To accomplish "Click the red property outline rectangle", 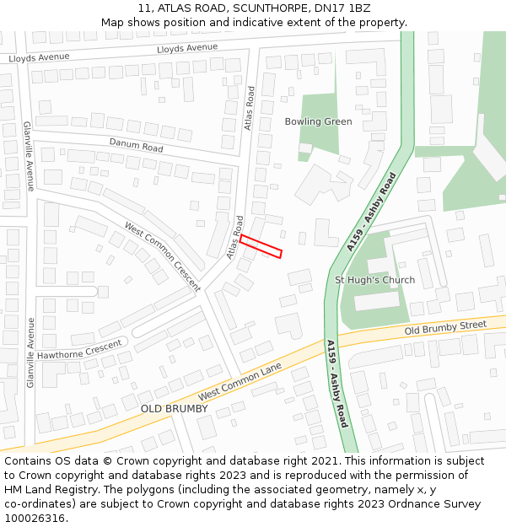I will pyautogui.click(x=260, y=246).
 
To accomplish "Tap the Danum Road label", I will pyautogui.click(x=136, y=146).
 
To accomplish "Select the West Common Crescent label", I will pyautogui.click(x=163, y=256).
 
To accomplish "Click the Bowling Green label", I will pyautogui.click(x=318, y=121).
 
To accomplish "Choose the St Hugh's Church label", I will pyautogui.click(x=374, y=280).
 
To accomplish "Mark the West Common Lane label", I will pyautogui.click(x=240, y=383).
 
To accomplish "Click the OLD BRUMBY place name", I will pyautogui.click(x=174, y=409).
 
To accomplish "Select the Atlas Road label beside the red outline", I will pyautogui.click(x=234, y=237).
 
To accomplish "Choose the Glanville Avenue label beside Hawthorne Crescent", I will pyautogui.click(x=30, y=352).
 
